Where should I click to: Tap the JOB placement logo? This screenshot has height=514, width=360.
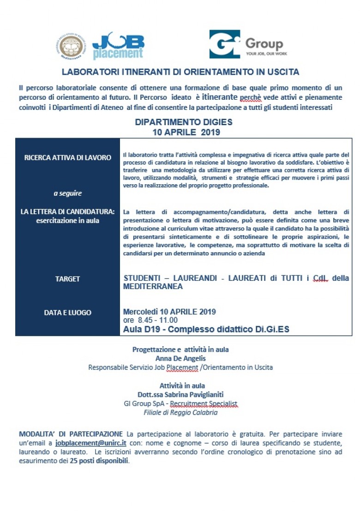pyautogui.click(x=118, y=46)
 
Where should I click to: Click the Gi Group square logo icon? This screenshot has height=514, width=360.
pyautogui.click(x=224, y=44)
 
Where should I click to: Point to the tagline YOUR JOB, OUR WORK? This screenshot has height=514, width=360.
pyautogui.click(x=266, y=54)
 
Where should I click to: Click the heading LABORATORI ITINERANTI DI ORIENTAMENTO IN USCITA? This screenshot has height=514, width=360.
pyautogui.click(x=180, y=72)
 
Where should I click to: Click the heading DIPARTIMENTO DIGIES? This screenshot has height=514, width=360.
pyautogui.click(x=183, y=122)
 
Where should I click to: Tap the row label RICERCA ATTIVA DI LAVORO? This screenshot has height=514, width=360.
pyautogui.click(x=67, y=157)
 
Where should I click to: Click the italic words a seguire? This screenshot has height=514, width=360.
pyautogui.click(x=67, y=193)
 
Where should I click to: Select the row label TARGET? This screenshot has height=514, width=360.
pyautogui.click(x=67, y=279)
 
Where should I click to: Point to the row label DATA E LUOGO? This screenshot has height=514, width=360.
pyautogui.click(x=67, y=313)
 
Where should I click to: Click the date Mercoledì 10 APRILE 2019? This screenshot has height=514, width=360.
pyautogui.click(x=169, y=312)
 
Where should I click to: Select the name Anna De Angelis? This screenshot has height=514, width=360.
pyautogui.click(x=180, y=358)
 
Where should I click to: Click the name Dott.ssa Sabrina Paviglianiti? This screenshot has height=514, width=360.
pyautogui.click(x=180, y=394)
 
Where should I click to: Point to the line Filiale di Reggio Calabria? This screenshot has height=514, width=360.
pyautogui.click(x=180, y=412)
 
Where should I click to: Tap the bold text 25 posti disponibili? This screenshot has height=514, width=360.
pyautogui.click(x=99, y=461)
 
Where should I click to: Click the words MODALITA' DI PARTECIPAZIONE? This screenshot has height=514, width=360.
pyautogui.click(x=71, y=434)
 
